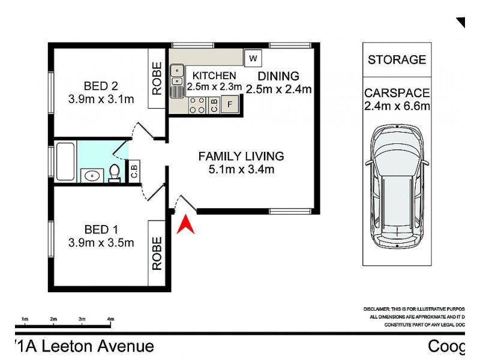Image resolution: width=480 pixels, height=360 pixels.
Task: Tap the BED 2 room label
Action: [101, 85]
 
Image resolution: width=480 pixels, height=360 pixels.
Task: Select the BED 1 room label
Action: [101, 229]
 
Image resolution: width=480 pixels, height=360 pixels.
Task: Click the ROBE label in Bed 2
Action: [157, 79]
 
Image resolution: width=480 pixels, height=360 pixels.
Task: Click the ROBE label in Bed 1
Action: [157, 253]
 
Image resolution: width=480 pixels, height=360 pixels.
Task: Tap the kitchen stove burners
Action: [196, 106]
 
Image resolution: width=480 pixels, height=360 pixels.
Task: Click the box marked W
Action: [253, 58]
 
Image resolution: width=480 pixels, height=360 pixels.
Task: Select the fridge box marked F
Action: [230, 104]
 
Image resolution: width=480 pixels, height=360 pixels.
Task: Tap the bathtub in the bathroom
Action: [64, 161]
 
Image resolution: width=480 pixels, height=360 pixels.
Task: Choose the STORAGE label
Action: [397, 60]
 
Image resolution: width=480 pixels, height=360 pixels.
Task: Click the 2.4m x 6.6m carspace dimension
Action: [397, 107]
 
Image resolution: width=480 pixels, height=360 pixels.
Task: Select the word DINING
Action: [278, 76]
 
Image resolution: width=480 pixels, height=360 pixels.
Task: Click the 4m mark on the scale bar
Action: [110, 319]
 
